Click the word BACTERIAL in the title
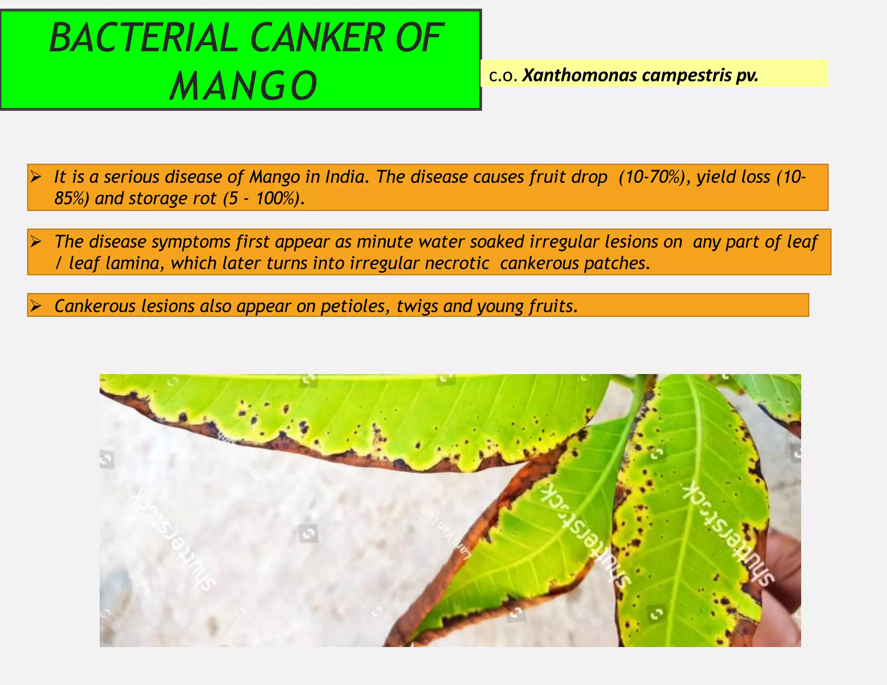click(143, 38)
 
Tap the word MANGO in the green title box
click(243, 86)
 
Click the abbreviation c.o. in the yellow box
click(503, 76)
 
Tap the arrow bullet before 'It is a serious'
click(36, 177)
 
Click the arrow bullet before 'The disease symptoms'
click(36, 242)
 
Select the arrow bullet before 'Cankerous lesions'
click(36, 306)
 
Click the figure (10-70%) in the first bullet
click(654, 177)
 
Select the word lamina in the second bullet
click(135, 263)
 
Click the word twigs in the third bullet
click(417, 307)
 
